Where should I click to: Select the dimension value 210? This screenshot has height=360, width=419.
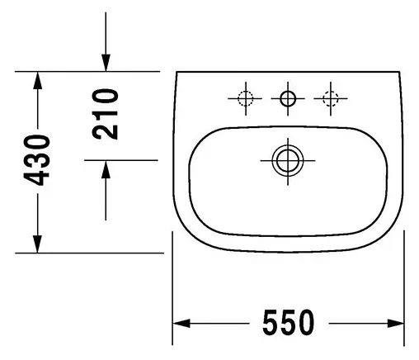[105, 116]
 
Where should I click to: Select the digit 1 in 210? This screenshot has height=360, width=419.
[105, 116]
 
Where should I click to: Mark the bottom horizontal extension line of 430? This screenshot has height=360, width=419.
[91, 253]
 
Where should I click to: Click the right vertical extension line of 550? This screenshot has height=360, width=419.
[404, 289]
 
